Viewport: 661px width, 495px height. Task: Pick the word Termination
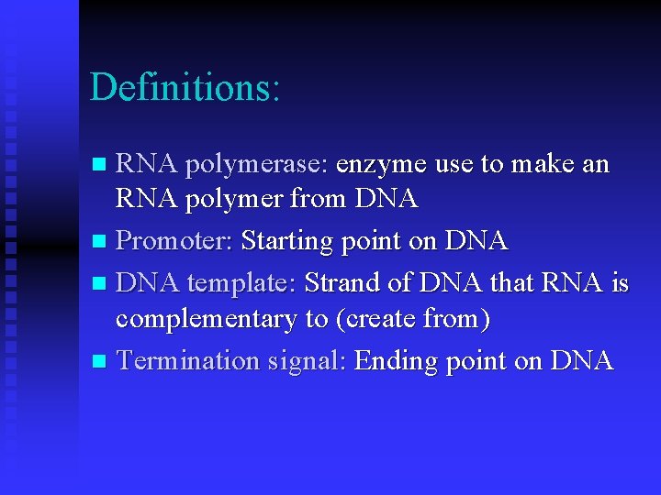(x=187, y=360)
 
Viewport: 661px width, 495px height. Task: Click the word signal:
(x=306, y=361)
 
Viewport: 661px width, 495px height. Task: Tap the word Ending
(x=397, y=361)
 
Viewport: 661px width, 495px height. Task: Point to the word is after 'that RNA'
(x=619, y=283)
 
